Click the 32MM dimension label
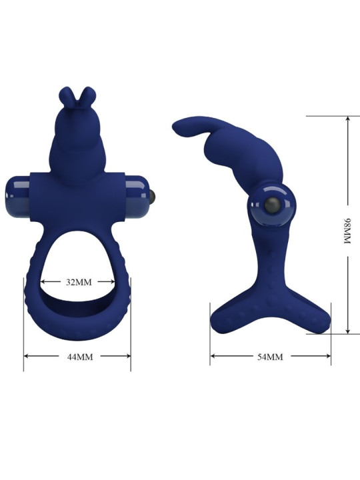79,282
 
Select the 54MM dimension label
270,357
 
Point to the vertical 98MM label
347,231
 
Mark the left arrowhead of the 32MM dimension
44,282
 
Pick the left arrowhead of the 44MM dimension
26,357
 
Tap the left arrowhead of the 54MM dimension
213,357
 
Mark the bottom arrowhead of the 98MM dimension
347,331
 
